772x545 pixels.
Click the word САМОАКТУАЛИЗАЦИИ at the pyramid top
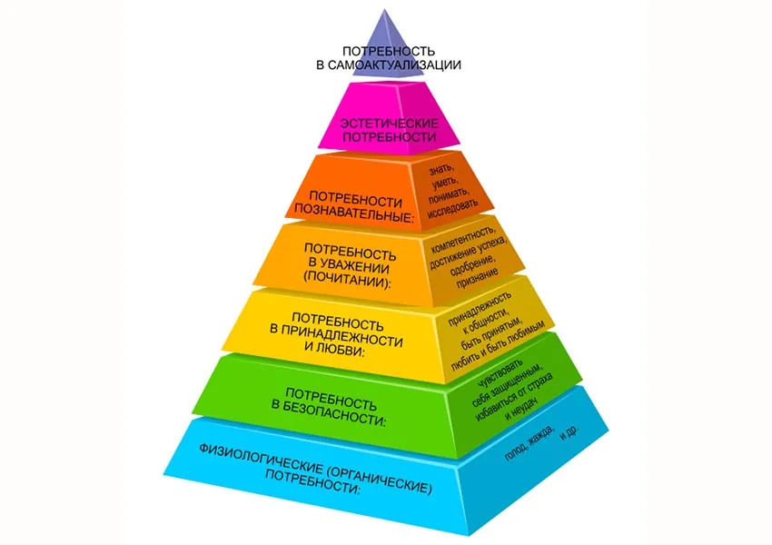coord(394,65)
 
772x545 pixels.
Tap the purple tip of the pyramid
coord(384,11)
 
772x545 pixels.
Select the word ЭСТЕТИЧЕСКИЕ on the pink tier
coord(389,123)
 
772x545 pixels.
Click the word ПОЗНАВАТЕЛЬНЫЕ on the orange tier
coord(354,213)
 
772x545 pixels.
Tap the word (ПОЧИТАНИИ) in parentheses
coord(347,280)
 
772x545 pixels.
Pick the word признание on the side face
coord(477,279)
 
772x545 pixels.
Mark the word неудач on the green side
coord(525,407)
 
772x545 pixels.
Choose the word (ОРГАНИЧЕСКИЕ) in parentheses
coord(380,479)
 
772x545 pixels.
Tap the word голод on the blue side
coord(515,451)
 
